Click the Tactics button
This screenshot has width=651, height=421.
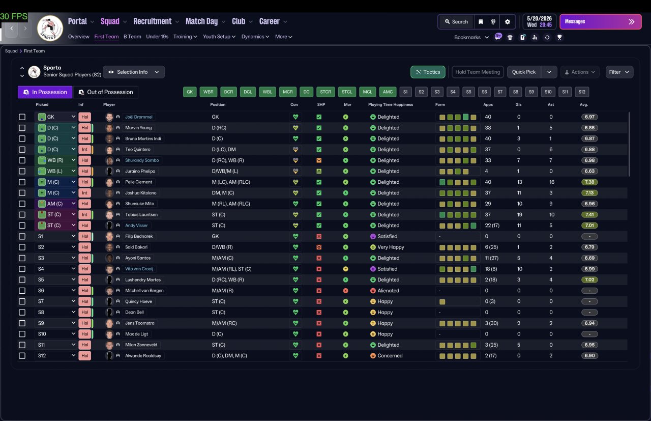click(428, 72)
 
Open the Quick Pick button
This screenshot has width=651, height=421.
click(524, 72)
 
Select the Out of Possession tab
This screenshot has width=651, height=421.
click(105, 92)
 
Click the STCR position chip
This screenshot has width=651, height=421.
click(325, 92)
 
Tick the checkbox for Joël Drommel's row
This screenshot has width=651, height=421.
click(22, 117)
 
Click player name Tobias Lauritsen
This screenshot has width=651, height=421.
click(141, 215)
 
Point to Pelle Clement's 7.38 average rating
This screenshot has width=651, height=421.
click(589, 182)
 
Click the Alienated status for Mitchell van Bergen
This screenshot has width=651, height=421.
click(388, 291)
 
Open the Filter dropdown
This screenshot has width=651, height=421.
click(619, 72)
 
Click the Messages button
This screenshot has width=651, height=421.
click(601, 21)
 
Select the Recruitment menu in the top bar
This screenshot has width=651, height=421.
click(152, 21)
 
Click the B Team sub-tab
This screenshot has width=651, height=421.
click(132, 37)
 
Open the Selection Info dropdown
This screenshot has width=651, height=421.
click(134, 72)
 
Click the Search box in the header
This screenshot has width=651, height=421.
click(456, 22)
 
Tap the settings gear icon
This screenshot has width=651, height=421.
click(508, 22)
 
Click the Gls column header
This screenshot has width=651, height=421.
click(518, 104)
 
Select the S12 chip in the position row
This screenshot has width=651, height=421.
click(582, 92)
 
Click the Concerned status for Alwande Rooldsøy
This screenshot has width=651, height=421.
click(390, 355)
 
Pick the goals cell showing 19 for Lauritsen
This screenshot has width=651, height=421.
click(519, 215)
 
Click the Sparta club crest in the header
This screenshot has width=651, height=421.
click(50, 28)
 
